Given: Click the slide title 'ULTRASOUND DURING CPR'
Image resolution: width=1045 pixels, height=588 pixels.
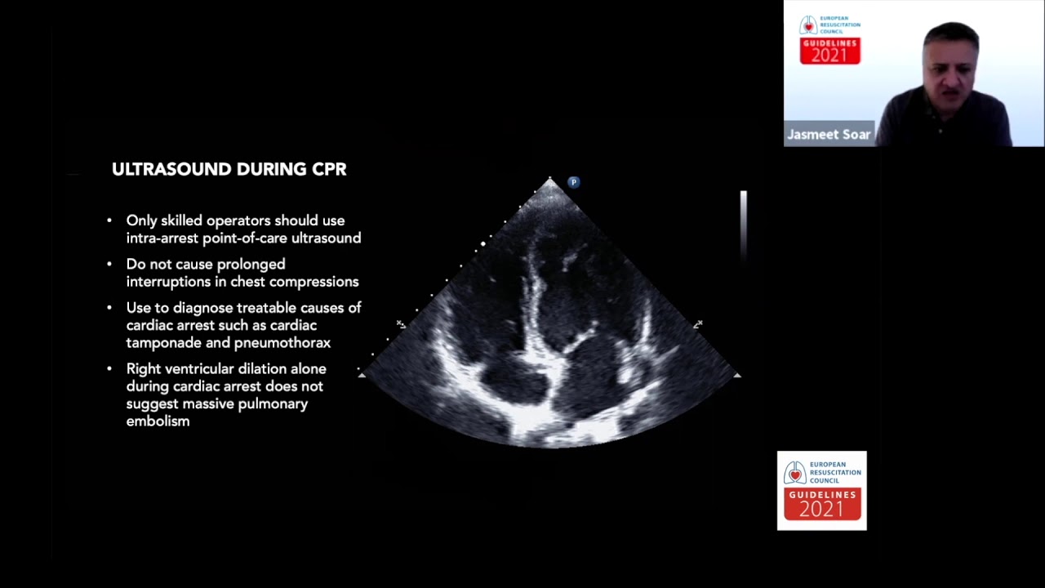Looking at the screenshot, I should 229,169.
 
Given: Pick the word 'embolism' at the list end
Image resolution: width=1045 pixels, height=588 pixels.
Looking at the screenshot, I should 158,421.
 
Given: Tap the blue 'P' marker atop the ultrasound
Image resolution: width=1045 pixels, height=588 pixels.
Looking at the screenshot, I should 573,182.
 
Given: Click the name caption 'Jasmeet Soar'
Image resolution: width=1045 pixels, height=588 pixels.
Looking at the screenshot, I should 828,135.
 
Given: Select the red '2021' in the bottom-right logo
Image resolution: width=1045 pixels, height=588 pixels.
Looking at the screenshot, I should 821,509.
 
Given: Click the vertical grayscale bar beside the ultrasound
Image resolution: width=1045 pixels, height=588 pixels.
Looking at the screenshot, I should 743,225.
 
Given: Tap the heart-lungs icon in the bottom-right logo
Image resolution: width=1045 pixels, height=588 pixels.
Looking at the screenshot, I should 794,473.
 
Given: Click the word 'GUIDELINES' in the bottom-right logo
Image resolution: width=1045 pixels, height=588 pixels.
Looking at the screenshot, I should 822,495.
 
